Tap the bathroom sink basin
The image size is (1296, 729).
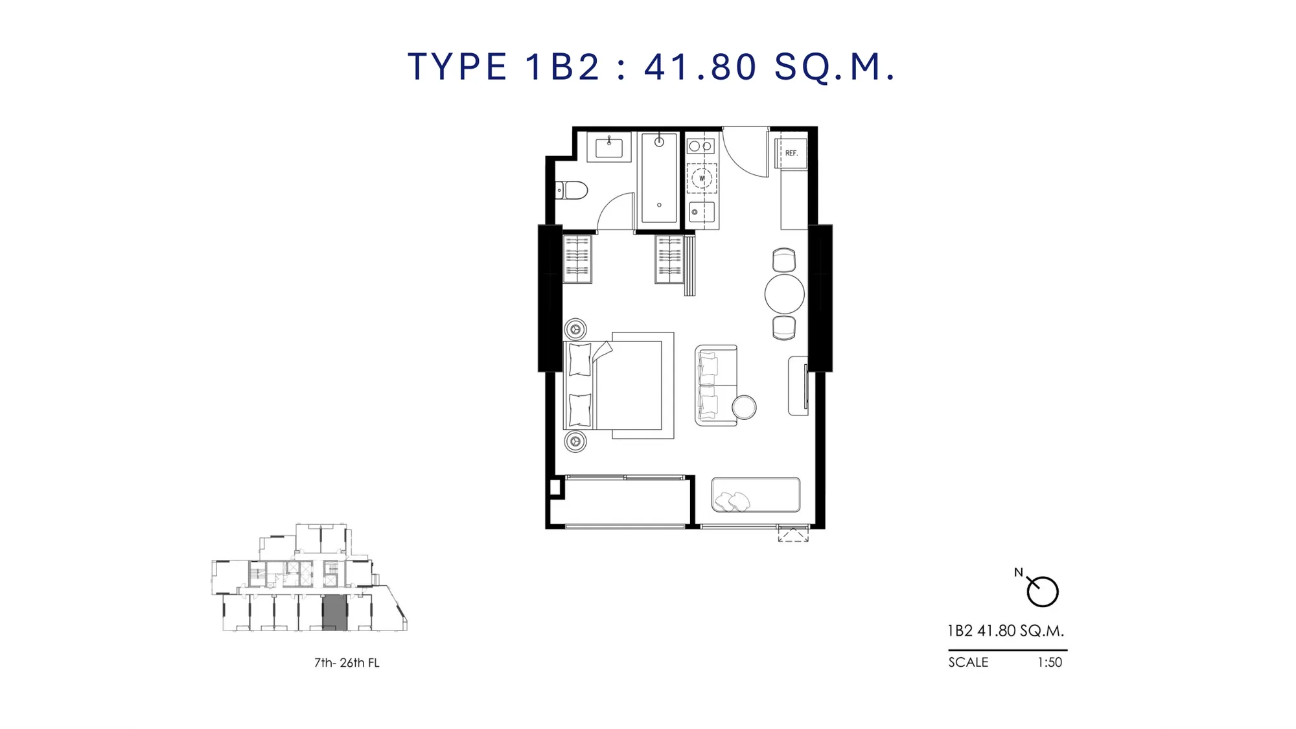(x=609, y=148)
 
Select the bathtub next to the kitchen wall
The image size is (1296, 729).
(x=659, y=178)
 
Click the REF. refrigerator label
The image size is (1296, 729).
(x=791, y=154)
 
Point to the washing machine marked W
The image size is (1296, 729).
(x=702, y=178)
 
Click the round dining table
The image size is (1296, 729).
(x=784, y=294)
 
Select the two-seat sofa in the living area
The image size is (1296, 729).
(x=716, y=386)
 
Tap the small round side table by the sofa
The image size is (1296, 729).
(x=744, y=408)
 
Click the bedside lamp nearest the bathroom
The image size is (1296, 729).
(x=575, y=329)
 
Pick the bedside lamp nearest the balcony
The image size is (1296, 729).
(x=575, y=441)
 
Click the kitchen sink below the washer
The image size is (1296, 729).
(x=702, y=212)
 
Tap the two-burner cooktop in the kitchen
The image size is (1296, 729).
(x=700, y=146)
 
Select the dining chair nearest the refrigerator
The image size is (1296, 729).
(x=784, y=260)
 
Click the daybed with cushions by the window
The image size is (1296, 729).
(x=756, y=495)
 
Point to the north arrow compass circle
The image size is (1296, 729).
(x=1042, y=592)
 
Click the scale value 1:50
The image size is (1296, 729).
(x=1050, y=662)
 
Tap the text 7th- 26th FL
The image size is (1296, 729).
(x=347, y=663)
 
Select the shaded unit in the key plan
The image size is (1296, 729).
(x=335, y=612)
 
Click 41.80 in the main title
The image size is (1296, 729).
(x=700, y=67)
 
